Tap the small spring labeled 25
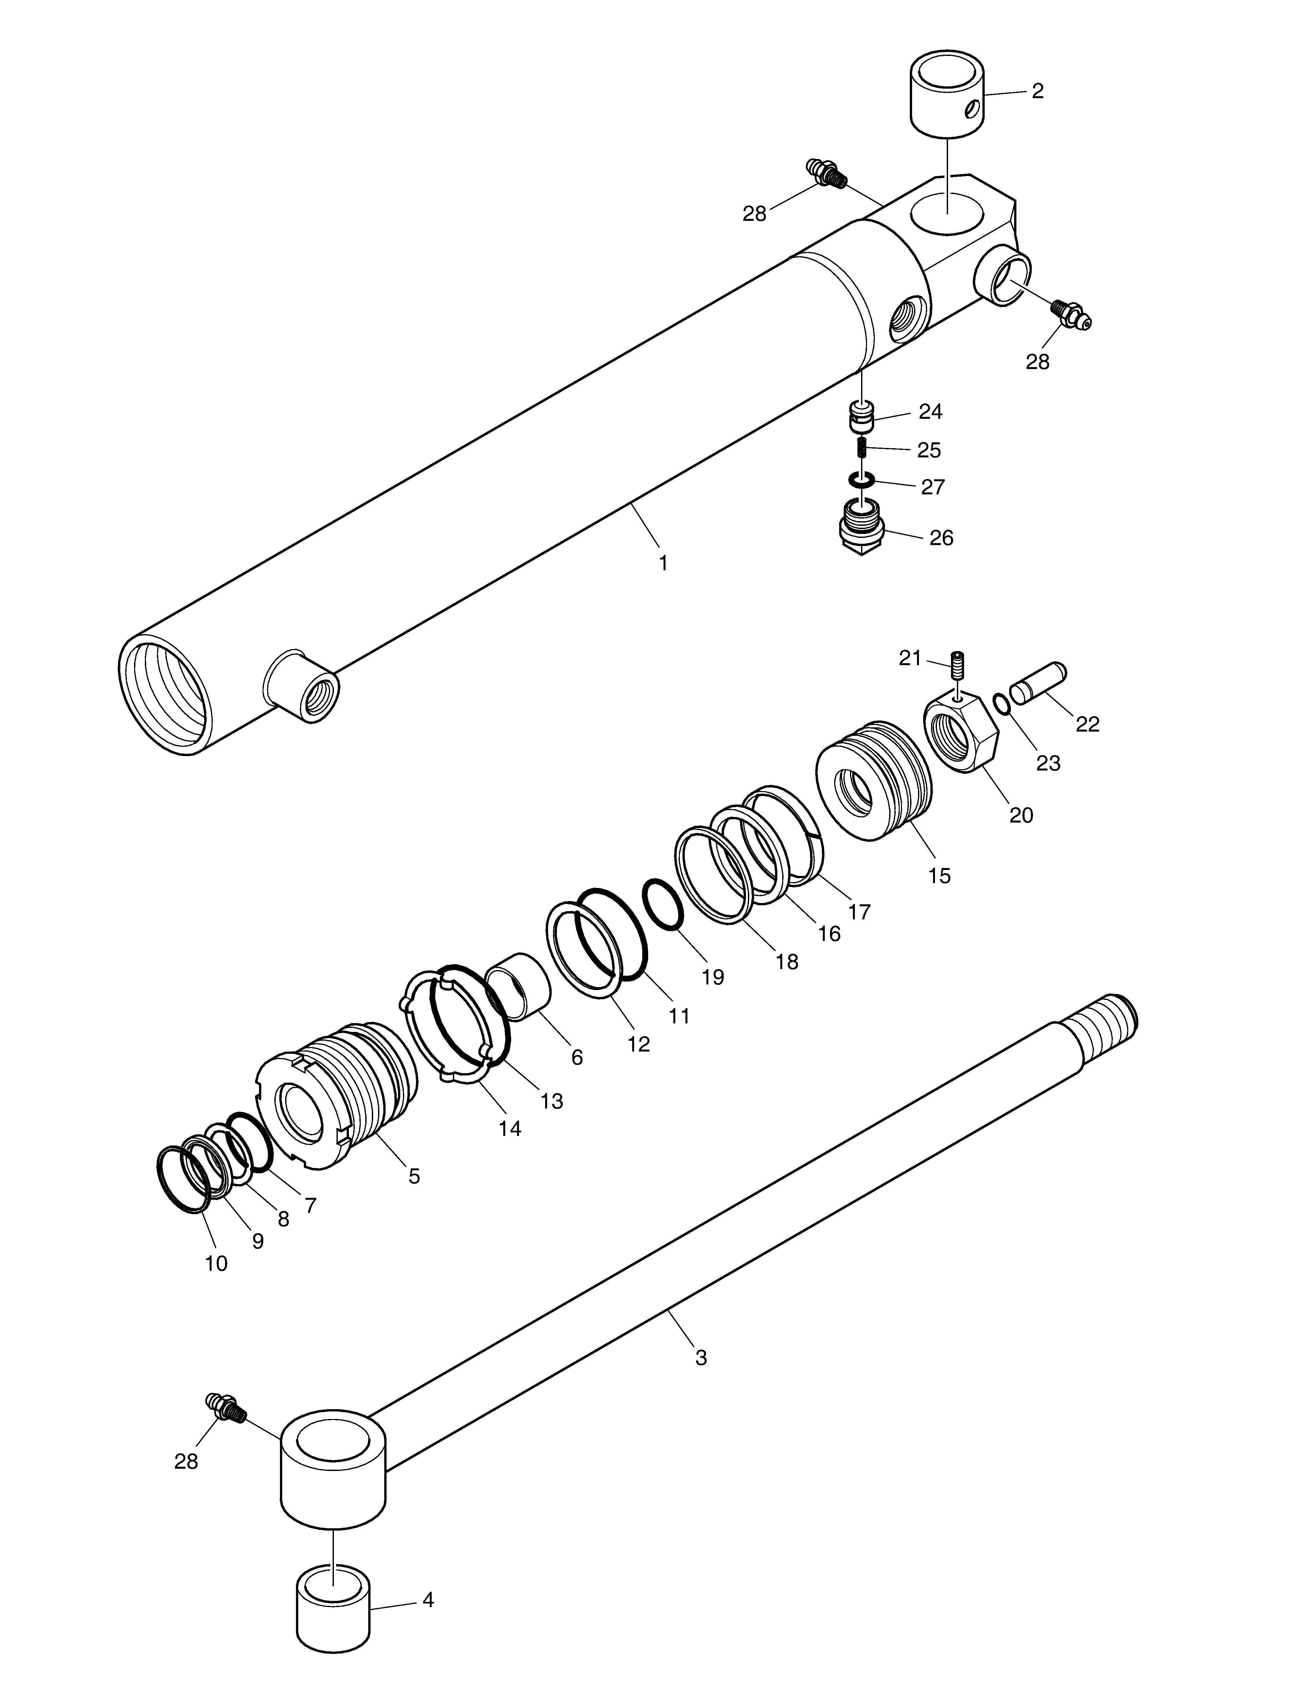pos(862,448)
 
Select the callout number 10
pos(216,1263)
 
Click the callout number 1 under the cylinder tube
pos(663,563)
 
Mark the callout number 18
pos(787,962)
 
